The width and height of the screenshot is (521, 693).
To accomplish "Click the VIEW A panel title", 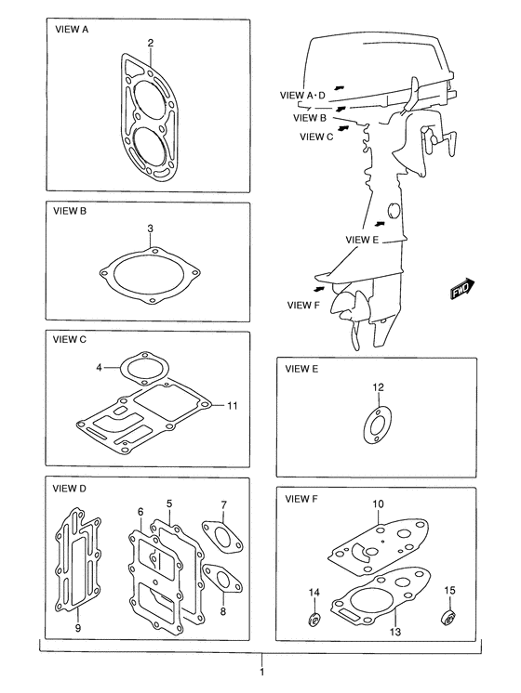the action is pyautogui.click(x=72, y=30).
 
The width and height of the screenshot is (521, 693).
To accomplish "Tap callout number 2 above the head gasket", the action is pyautogui.click(x=151, y=43).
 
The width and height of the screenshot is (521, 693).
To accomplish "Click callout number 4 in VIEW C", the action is pyautogui.click(x=100, y=367).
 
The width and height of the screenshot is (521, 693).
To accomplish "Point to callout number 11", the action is pyautogui.click(x=233, y=405).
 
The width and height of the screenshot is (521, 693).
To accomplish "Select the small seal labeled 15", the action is pyautogui.click(x=448, y=617).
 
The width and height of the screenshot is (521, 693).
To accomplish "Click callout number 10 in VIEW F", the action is pyautogui.click(x=378, y=503).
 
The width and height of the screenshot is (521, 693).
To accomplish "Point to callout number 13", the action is pyautogui.click(x=395, y=632).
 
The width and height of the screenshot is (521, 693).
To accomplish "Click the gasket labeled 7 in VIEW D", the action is pyautogui.click(x=222, y=538).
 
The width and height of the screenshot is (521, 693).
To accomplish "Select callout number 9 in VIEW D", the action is pyautogui.click(x=78, y=628).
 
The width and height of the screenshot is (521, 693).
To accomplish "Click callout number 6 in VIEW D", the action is pyautogui.click(x=140, y=511).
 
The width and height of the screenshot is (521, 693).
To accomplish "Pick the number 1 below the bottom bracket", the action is pyautogui.click(x=262, y=673).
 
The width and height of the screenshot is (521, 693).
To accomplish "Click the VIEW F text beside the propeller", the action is pyautogui.click(x=303, y=305).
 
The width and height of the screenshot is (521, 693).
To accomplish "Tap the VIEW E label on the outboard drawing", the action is pyautogui.click(x=362, y=240).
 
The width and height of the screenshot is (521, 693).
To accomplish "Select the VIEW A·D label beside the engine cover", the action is pyautogui.click(x=302, y=95).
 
